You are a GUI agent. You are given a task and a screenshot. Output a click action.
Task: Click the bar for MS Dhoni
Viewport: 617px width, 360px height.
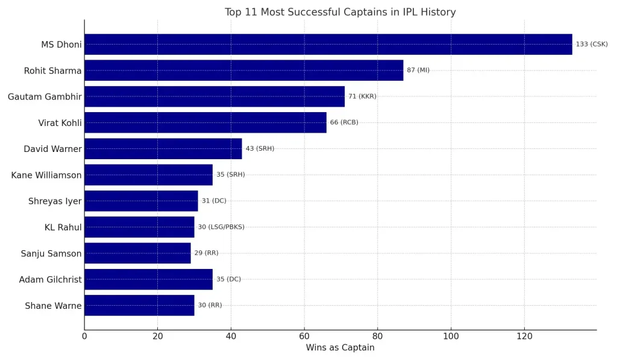(328, 44)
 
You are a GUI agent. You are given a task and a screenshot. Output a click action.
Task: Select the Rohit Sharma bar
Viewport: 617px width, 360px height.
(243, 71)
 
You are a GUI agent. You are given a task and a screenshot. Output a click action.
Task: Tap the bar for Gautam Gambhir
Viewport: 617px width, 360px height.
(214, 96)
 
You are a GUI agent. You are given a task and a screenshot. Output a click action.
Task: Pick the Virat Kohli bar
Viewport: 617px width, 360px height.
(205, 122)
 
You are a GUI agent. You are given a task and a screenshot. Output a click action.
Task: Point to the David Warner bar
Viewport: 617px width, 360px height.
(163, 148)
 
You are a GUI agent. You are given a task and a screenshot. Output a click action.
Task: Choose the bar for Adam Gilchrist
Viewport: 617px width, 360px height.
(148, 279)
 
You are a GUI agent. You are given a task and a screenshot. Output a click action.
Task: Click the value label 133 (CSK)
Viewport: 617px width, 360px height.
(592, 44)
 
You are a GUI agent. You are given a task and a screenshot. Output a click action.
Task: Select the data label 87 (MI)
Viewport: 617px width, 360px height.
(418, 71)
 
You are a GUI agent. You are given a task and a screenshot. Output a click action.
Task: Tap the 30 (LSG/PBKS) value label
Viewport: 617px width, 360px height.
(221, 227)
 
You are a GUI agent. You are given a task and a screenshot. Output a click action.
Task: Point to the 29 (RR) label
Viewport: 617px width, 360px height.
(206, 253)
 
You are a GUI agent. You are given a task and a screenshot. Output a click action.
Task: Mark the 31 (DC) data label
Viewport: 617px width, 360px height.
(214, 201)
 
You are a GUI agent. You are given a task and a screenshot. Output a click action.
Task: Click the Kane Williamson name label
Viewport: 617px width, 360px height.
(46, 175)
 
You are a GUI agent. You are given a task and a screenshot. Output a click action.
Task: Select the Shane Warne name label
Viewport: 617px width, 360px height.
(53, 306)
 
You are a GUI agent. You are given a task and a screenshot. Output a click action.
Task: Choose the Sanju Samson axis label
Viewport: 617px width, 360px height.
(51, 254)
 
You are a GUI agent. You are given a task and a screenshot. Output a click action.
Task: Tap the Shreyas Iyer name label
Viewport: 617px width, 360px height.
(55, 201)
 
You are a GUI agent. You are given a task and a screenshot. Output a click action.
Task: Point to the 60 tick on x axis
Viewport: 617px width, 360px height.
(304, 336)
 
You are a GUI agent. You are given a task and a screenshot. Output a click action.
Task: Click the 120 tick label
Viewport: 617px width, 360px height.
(524, 336)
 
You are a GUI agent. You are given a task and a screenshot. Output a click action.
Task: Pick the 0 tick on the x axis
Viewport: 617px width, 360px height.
(84, 336)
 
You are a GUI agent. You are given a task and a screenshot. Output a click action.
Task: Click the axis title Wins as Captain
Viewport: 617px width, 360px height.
(340, 348)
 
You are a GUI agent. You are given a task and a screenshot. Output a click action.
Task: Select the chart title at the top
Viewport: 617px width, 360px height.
(340, 12)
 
